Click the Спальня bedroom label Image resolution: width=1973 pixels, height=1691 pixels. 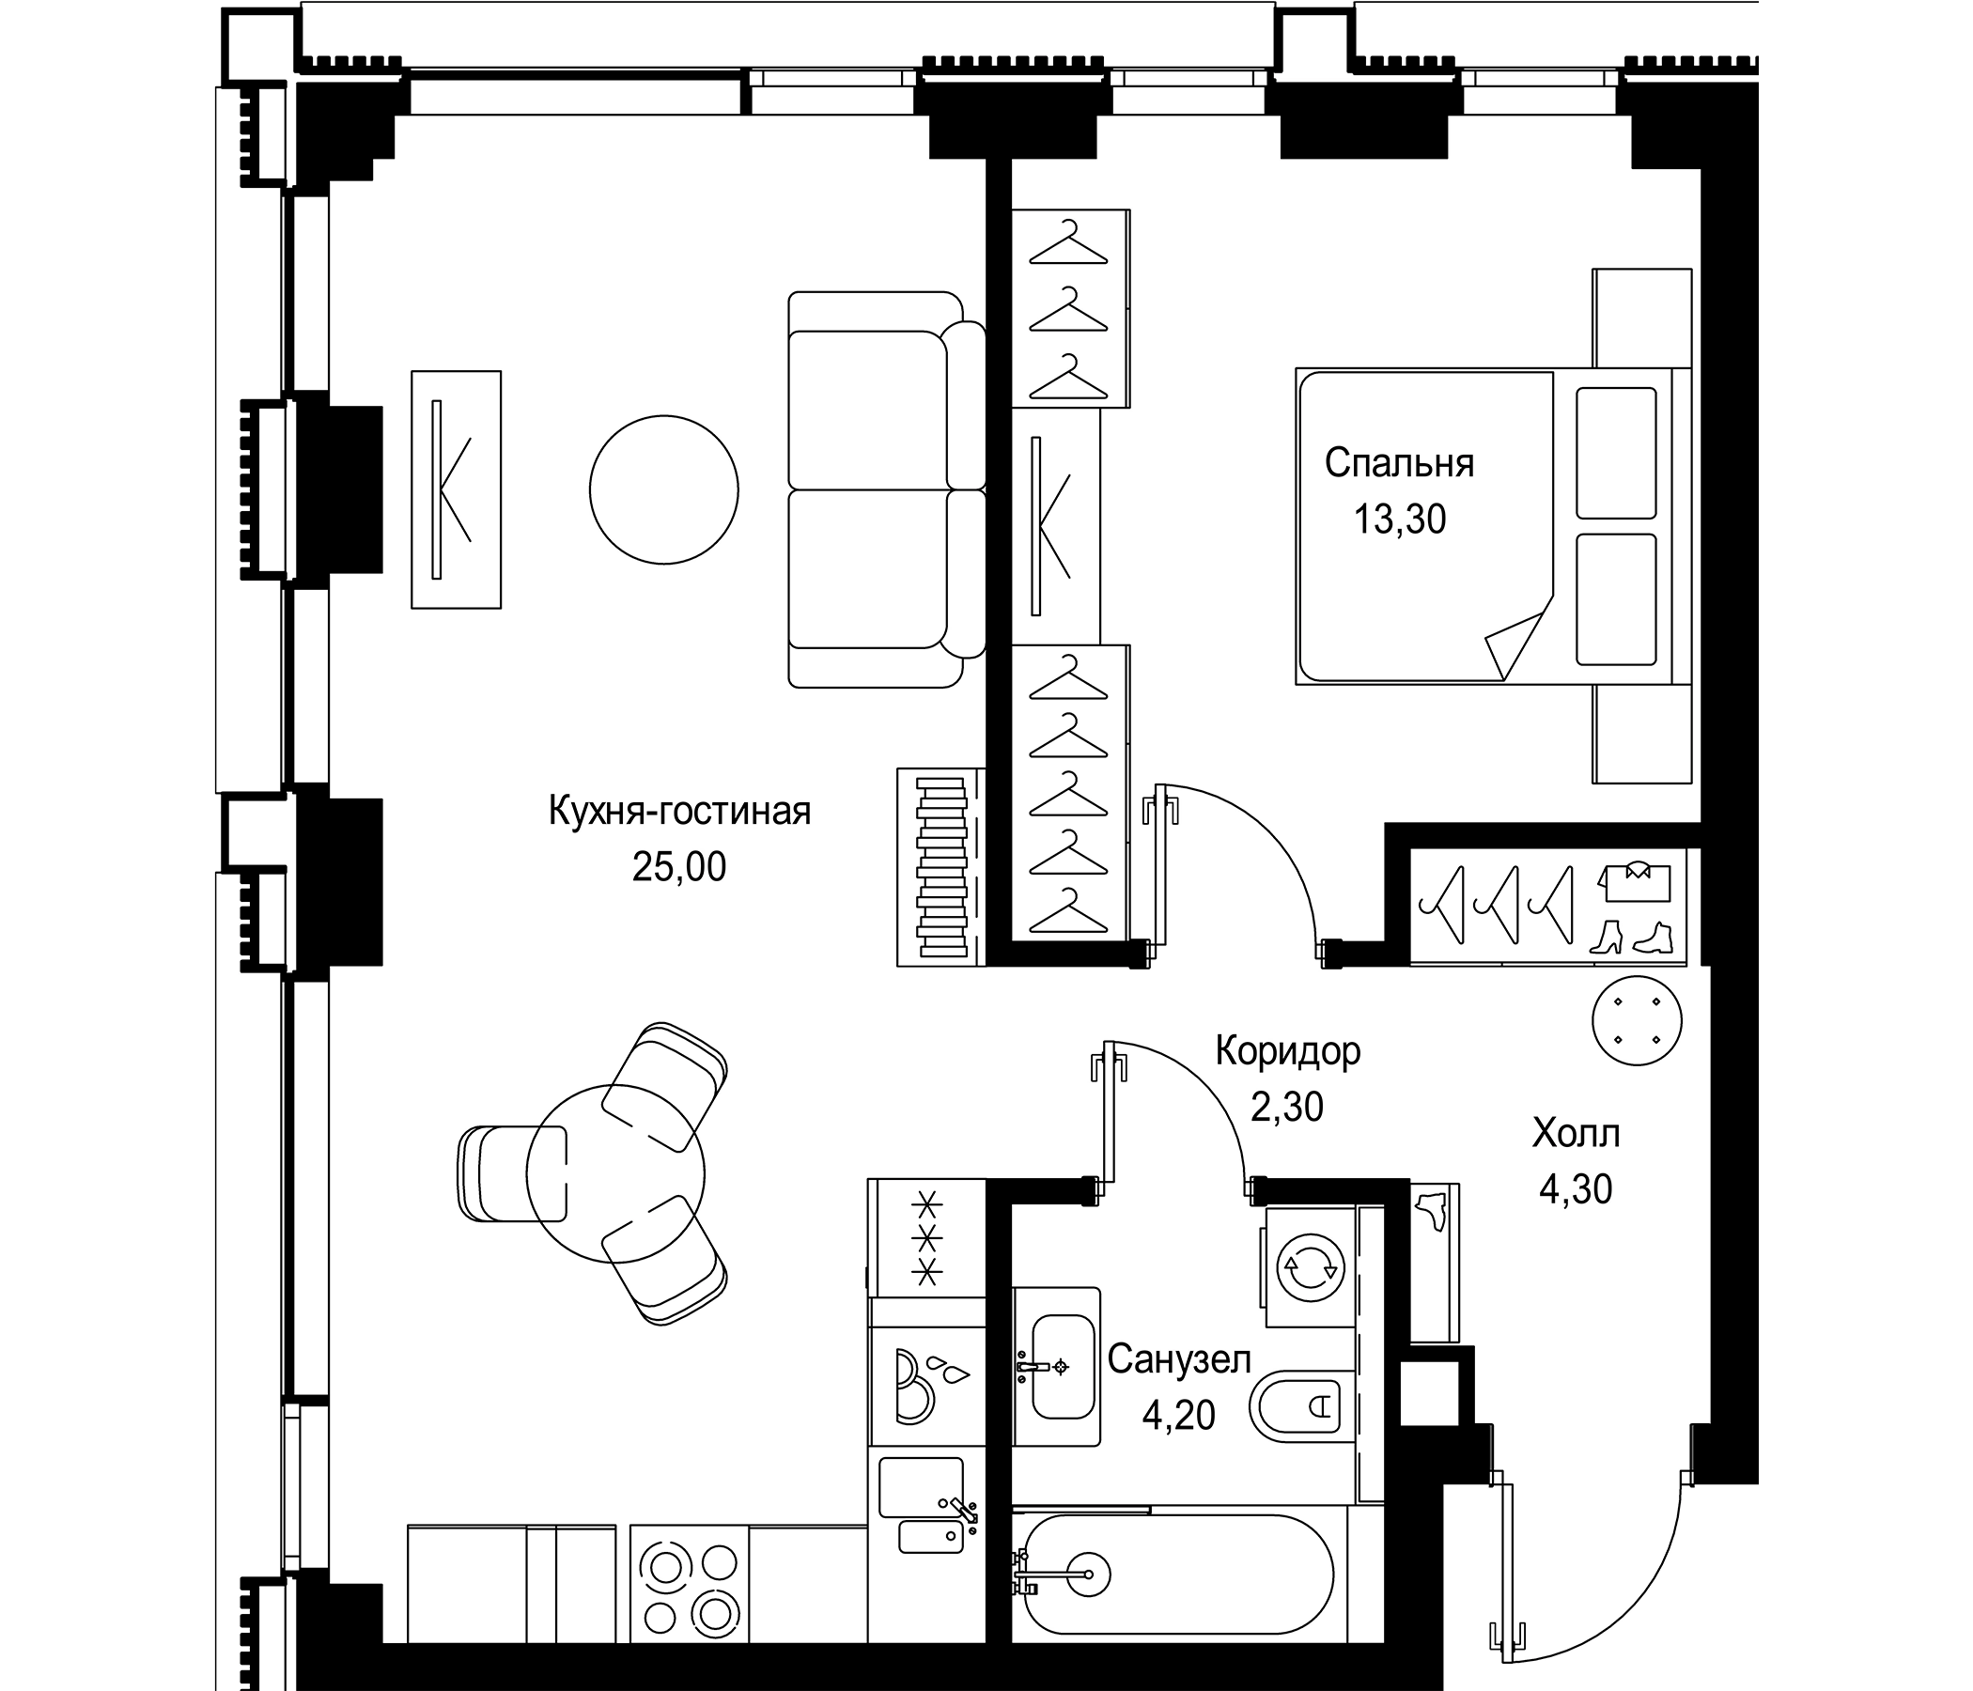(1399, 464)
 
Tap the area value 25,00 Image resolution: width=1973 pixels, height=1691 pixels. (678, 867)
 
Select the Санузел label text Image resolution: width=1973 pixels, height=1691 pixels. (1178, 1359)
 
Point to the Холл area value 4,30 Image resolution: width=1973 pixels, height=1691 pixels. (1575, 1190)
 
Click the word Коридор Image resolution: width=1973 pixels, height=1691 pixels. (1287, 1051)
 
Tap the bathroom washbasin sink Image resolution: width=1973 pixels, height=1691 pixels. (1062, 1367)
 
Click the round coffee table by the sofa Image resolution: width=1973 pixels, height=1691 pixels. (663, 489)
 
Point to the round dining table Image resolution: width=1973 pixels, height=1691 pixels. (615, 1174)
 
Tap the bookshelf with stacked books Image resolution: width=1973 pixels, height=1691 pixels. (940, 866)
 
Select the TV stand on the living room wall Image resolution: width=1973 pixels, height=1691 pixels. (455, 489)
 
